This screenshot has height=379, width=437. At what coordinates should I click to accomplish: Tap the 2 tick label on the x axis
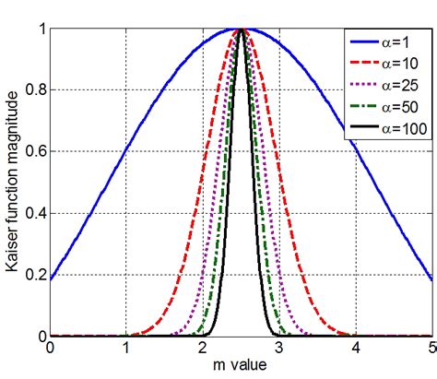(x=203, y=349)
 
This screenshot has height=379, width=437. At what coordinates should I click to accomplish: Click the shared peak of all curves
(x=241, y=30)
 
